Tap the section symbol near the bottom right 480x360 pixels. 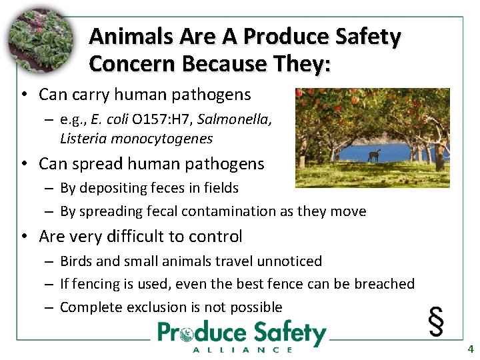pyautogui.click(x=436, y=321)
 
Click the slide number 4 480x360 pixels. pyautogui.click(x=470, y=349)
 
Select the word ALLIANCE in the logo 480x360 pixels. pyautogui.click(x=242, y=349)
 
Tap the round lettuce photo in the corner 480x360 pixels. pyautogui.click(x=39, y=41)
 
